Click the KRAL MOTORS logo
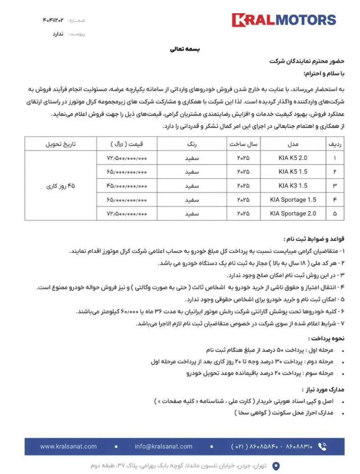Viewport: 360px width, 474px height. (x=283, y=20)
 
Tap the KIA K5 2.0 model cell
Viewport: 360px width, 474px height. (x=292, y=157)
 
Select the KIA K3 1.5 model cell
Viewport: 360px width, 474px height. (x=292, y=186)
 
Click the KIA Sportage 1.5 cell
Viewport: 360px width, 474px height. (x=292, y=200)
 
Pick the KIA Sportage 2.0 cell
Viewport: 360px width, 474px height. (x=292, y=214)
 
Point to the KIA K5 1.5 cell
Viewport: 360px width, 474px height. (x=292, y=172)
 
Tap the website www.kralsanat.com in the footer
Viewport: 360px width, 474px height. (x=68, y=446)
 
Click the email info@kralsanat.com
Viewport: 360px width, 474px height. (x=163, y=446)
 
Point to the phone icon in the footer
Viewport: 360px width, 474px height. (x=323, y=446)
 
